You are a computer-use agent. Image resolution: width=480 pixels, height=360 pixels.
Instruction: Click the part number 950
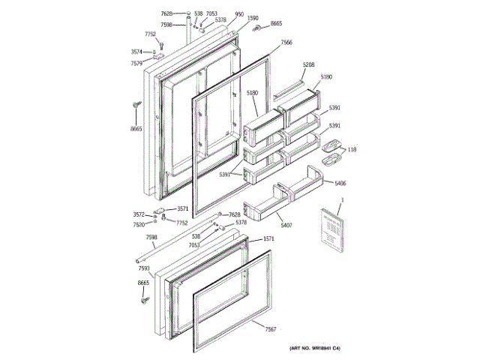239,14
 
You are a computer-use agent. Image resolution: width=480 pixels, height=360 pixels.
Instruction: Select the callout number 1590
253,18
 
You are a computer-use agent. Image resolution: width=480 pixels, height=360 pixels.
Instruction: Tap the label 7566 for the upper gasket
286,43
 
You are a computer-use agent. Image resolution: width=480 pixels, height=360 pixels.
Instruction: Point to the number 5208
309,65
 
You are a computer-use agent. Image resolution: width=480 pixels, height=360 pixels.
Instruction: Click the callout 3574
136,52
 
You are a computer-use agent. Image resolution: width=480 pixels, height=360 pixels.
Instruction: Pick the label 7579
136,64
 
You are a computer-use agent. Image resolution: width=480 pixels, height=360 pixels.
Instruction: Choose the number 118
352,149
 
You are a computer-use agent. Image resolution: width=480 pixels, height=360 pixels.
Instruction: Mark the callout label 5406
340,183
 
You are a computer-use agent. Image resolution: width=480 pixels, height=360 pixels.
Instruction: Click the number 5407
286,225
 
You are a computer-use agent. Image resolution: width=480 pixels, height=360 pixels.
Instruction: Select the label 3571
182,209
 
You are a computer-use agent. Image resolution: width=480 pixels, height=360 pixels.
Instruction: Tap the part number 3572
139,214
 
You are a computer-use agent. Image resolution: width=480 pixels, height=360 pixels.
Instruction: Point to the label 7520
139,224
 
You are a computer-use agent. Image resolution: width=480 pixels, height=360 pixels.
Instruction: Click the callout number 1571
268,239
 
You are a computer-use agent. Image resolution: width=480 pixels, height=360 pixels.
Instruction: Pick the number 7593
144,268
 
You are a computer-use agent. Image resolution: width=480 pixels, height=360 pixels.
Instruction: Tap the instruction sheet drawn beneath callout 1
329,228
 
